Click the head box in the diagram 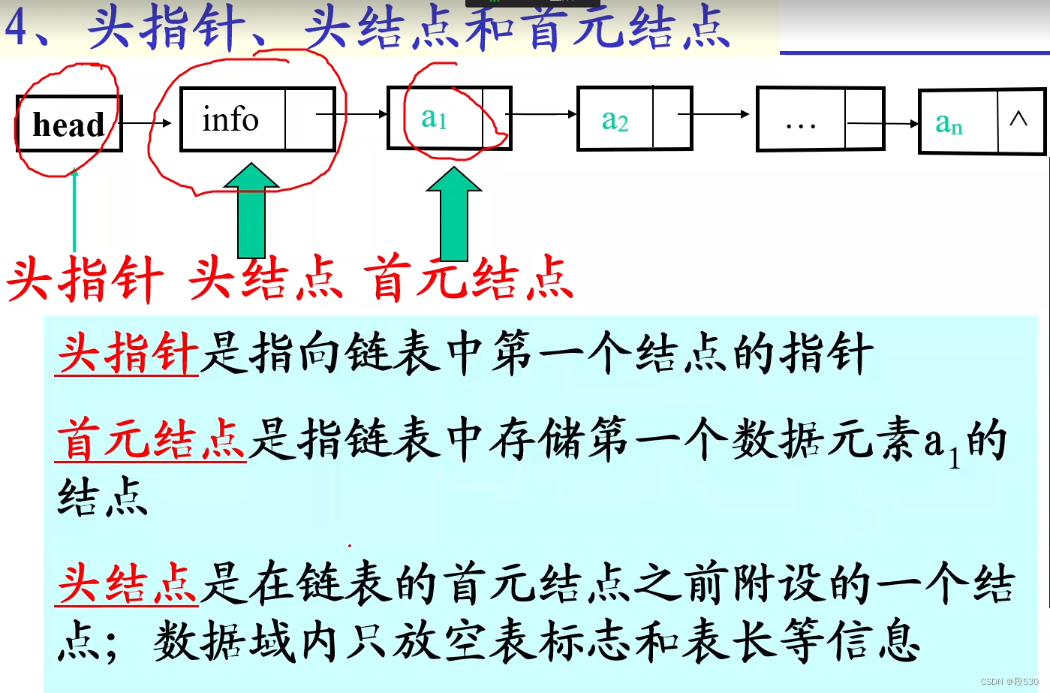[68, 124]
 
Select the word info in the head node [230, 119]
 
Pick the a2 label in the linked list [615, 120]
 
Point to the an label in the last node [949, 123]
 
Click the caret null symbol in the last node [1018, 119]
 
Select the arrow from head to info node [146, 123]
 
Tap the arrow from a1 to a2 [542, 114]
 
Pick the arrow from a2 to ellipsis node [713, 114]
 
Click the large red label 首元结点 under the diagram [469, 279]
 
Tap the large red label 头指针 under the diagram [85, 279]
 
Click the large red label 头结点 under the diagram [266, 279]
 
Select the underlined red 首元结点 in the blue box [152, 440]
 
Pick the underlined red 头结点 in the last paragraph [128, 584]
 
